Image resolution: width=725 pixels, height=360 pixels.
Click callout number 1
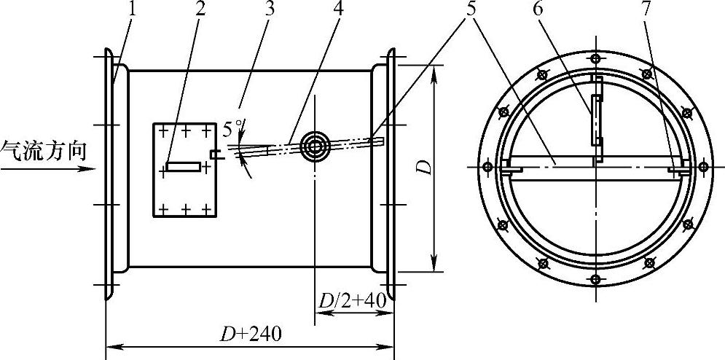(x=132, y=9)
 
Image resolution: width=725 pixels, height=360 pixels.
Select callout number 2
(x=200, y=9)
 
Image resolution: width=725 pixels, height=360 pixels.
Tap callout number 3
(x=269, y=9)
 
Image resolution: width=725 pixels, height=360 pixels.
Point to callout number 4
(x=339, y=9)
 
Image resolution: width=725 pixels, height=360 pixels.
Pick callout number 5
(x=471, y=9)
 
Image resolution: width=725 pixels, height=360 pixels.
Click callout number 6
(x=538, y=9)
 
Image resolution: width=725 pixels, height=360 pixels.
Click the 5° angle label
(x=232, y=129)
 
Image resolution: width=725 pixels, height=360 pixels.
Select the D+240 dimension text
(x=250, y=334)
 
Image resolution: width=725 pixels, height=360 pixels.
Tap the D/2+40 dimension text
(x=353, y=301)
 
